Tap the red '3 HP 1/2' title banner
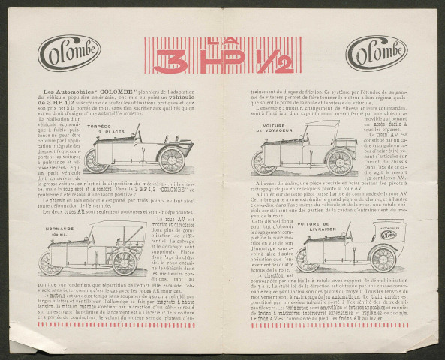coord(223,55)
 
